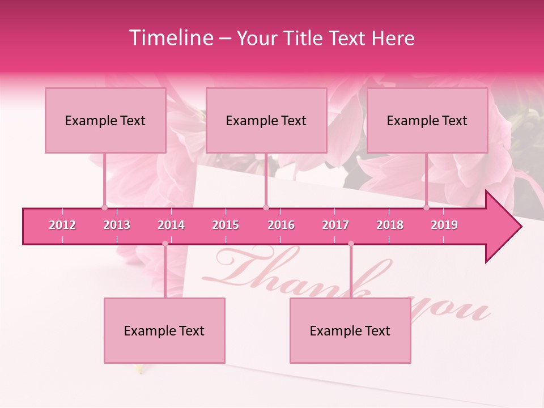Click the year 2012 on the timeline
[x=62, y=225]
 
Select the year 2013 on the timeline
[x=117, y=225]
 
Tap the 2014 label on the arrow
[x=171, y=225]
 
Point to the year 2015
[x=226, y=225]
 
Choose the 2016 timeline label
[x=281, y=225]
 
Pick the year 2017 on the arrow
[x=335, y=225]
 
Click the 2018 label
[x=390, y=225]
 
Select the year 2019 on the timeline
[x=444, y=225]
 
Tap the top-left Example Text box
[x=105, y=121]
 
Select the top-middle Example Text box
[x=266, y=121]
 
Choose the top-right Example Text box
[x=427, y=121]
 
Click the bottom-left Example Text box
[x=164, y=331]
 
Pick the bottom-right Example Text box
[x=350, y=331]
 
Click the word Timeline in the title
[x=170, y=38]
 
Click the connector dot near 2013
[x=104, y=207]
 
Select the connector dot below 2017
[x=351, y=244]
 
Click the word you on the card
[x=453, y=310]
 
